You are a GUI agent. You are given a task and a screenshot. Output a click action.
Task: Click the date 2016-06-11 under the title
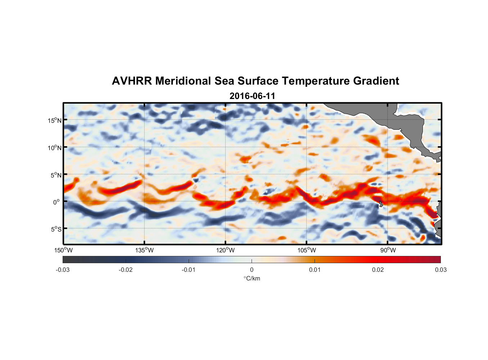[252, 96]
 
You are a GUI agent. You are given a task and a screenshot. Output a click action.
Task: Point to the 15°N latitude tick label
[55, 120]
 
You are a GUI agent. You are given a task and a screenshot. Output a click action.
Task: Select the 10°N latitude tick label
[55, 148]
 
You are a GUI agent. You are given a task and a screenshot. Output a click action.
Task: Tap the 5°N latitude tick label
[56, 175]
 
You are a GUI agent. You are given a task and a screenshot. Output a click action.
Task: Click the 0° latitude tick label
[57, 202]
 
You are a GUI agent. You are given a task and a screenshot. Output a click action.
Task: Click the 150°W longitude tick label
[63, 250]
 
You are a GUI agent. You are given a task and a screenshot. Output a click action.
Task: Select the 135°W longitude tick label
[144, 250]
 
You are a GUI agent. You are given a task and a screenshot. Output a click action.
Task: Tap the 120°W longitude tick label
[225, 250]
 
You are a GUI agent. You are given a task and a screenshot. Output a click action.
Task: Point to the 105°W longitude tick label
[307, 250]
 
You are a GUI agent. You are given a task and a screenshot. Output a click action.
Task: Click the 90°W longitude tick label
[388, 250]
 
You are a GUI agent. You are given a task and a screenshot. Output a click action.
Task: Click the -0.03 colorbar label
[63, 270]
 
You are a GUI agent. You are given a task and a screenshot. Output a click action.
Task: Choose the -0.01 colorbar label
[189, 270]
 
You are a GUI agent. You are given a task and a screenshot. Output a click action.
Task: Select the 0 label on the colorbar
[252, 270]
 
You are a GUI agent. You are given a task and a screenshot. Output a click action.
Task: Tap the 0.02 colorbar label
[378, 270]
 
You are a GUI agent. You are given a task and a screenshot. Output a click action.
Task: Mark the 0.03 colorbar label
[440, 270]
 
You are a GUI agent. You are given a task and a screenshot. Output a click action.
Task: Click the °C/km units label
[252, 278]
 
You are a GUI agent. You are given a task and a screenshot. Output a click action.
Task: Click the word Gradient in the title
[376, 81]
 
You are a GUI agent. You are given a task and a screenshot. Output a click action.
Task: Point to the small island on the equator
[381, 204]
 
